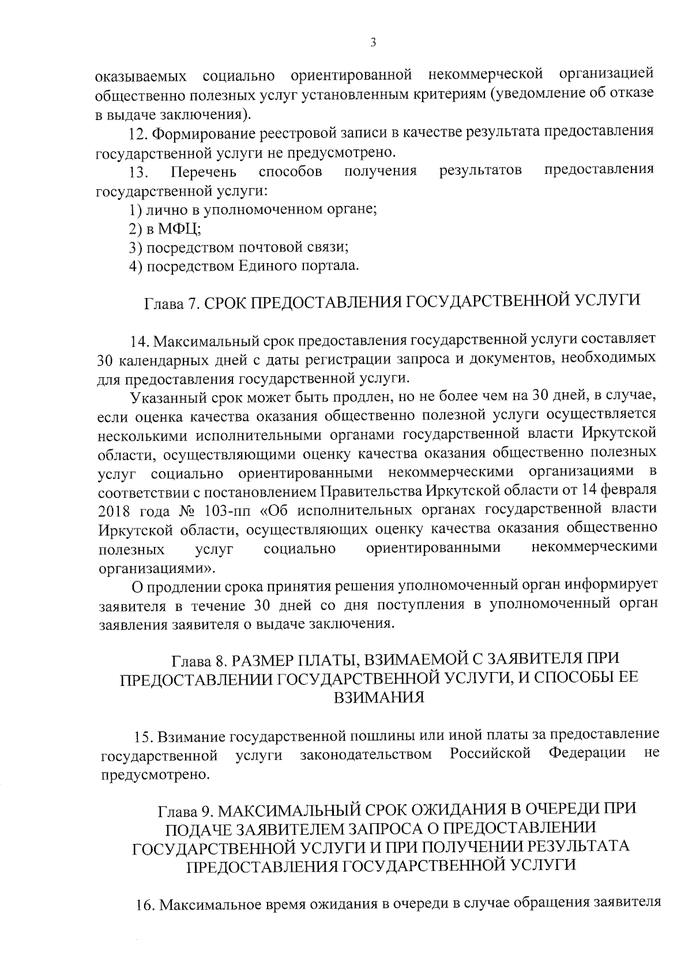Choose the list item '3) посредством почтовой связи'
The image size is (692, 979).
click(239, 248)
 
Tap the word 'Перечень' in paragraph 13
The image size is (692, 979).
click(204, 172)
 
